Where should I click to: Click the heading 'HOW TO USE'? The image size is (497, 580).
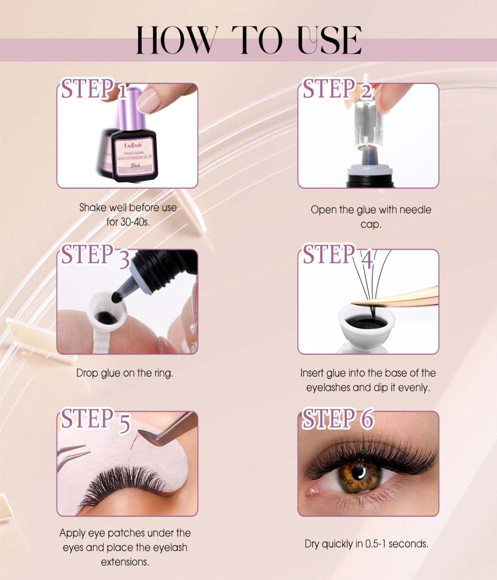pos(248,40)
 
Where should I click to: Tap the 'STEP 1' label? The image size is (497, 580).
pos(94,89)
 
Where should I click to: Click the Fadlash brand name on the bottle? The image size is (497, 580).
pos(133,145)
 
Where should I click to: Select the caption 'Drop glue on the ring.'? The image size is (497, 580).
pos(125,373)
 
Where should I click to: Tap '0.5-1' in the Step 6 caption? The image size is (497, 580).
pos(376,544)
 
